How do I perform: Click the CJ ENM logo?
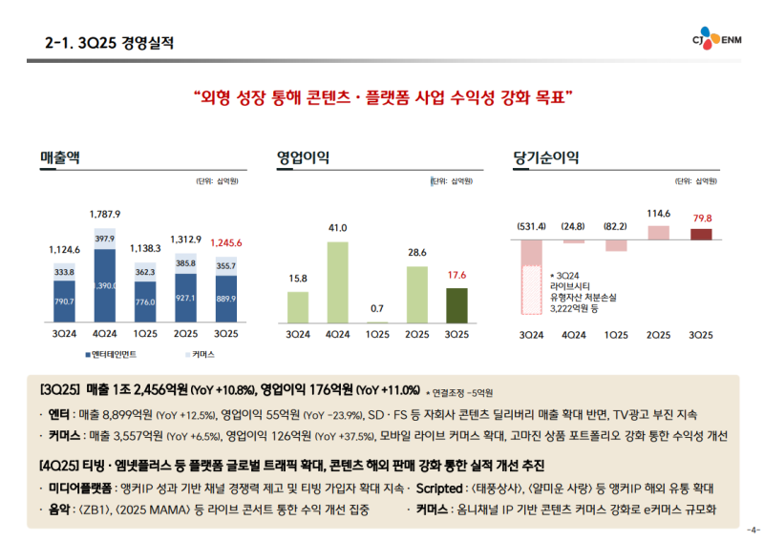click(716, 39)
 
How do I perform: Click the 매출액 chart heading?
click(59, 157)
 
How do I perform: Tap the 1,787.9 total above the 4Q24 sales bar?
click(105, 214)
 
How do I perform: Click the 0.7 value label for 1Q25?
click(377, 308)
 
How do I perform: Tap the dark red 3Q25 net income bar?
click(701, 234)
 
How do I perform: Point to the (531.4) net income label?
click(531, 226)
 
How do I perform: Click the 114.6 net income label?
click(659, 214)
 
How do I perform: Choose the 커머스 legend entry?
click(199, 354)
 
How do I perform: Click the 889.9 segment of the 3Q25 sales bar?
click(226, 299)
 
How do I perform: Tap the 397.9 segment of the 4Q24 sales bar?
click(105, 239)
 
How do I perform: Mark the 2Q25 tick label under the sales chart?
click(186, 335)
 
